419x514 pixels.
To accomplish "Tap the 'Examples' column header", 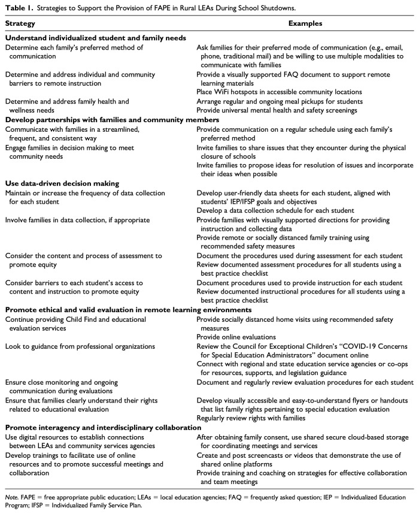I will click(x=305, y=24).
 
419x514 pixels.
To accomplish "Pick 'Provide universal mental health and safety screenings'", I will click(x=283, y=111).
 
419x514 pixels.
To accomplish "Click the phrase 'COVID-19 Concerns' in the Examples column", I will click(x=376, y=347).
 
